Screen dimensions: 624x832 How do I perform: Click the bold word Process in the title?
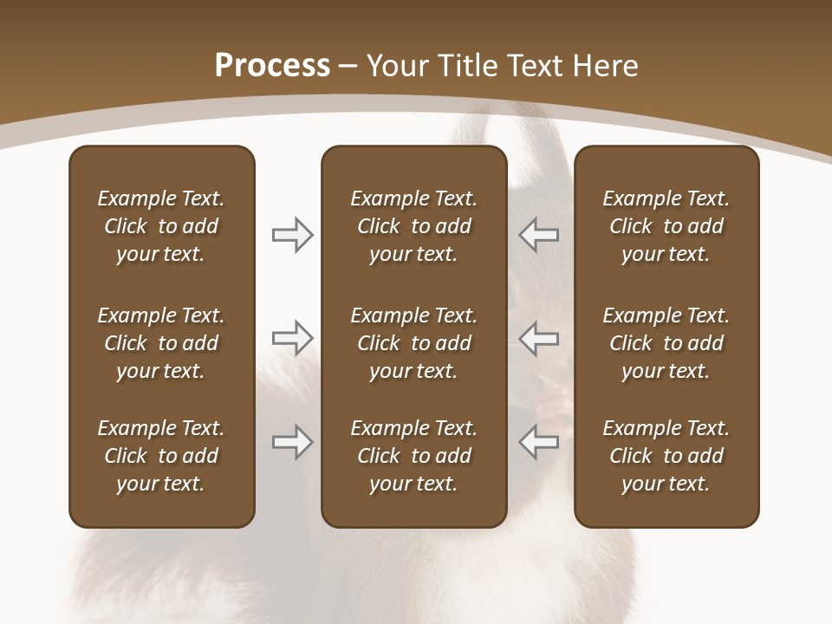(x=272, y=66)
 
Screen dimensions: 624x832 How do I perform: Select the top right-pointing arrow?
(x=293, y=235)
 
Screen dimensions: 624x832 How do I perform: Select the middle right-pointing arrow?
(x=293, y=338)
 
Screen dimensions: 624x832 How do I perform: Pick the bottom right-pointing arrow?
(x=293, y=442)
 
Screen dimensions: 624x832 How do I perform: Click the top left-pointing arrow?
(x=539, y=235)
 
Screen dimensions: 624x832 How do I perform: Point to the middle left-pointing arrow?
(x=539, y=338)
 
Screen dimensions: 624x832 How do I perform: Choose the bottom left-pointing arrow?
(x=539, y=442)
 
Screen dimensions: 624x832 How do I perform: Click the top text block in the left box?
(x=161, y=226)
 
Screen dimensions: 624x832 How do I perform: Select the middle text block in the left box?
(x=161, y=343)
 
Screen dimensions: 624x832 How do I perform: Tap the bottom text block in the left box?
(x=161, y=456)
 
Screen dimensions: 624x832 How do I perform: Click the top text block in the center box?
(x=413, y=226)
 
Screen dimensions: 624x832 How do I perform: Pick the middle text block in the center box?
(x=413, y=343)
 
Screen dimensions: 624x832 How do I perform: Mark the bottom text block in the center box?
(x=413, y=456)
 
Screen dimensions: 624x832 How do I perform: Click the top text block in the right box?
(x=666, y=226)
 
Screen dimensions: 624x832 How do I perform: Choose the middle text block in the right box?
(x=666, y=343)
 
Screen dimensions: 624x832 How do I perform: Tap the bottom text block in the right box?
(x=666, y=456)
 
